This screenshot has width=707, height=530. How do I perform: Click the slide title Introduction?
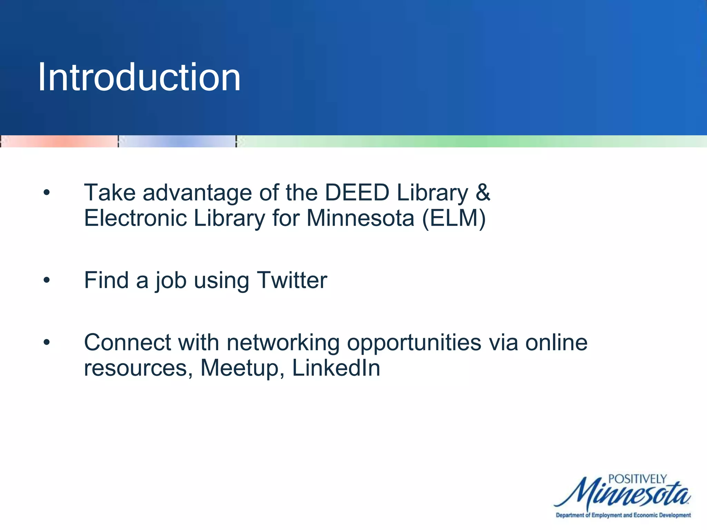[x=139, y=77]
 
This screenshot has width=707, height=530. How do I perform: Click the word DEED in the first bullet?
[x=357, y=193]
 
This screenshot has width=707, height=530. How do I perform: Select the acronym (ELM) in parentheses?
[x=454, y=219]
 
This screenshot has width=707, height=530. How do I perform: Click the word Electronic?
[x=135, y=218]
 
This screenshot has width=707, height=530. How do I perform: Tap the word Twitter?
[x=292, y=280]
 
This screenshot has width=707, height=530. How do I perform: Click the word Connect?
[x=127, y=343]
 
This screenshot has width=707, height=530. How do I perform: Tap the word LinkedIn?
[x=336, y=368]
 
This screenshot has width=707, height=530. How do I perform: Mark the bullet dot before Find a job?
[x=47, y=281]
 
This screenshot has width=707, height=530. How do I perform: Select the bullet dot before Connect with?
[x=47, y=343]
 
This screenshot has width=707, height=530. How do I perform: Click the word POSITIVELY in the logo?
[x=637, y=479]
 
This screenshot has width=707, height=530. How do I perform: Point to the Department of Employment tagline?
[x=623, y=515]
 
